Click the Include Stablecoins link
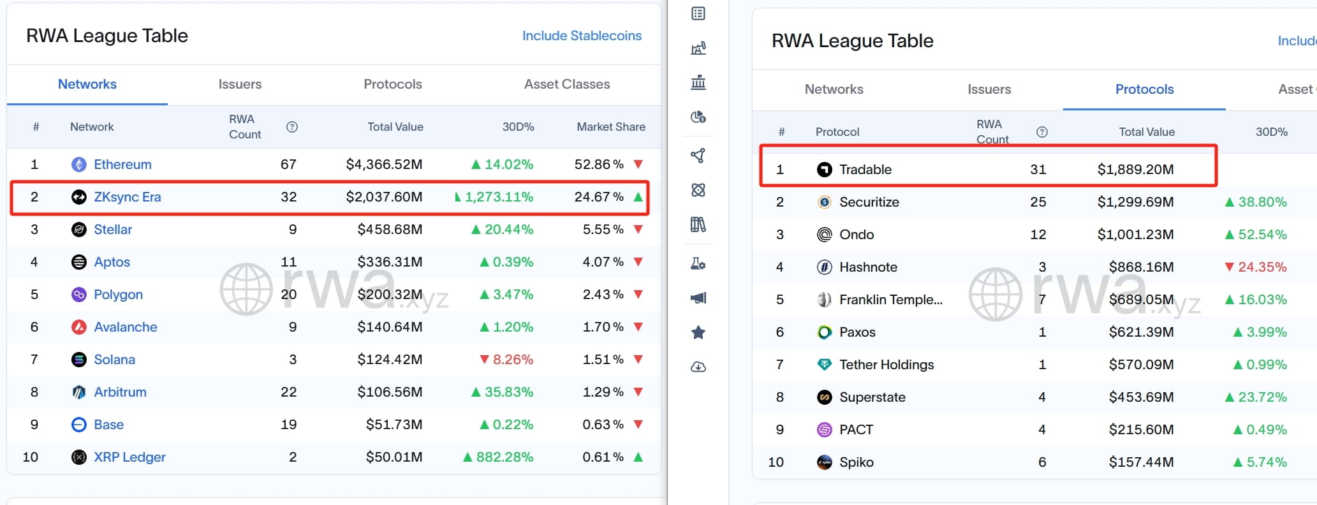[x=582, y=36]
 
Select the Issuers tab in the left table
[x=240, y=84]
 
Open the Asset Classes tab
[x=567, y=84]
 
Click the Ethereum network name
[x=122, y=165]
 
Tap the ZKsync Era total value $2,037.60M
[x=384, y=197]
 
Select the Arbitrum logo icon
[x=79, y=392]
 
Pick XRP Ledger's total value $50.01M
[x=394, y=457]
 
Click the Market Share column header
[x=611, y=127]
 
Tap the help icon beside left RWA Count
[x=292, y=127]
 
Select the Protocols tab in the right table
[x=1144, y=89]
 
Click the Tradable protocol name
[x=865, y=170]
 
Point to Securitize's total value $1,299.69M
[x=1135, y=202]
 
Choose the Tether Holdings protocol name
[x=887, y=365]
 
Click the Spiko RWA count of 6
[x=1042, y=462]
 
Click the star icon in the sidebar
[x=698, y=332]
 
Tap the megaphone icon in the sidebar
[x=698, y=298]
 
